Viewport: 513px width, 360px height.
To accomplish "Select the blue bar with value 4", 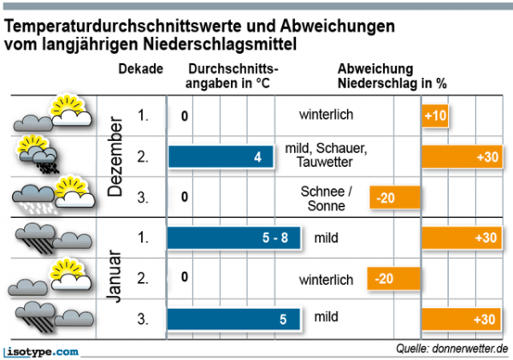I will (x=221, y=156).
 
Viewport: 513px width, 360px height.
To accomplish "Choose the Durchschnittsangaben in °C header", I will (x=233, y=77).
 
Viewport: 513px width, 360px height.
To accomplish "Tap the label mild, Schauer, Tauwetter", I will (x=326, y=156).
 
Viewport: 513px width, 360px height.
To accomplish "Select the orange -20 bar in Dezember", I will (x=396, y=198).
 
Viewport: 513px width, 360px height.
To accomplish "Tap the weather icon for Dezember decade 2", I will (x=39, y=156).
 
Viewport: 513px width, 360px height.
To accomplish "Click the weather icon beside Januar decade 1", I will (x=38, y=237).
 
